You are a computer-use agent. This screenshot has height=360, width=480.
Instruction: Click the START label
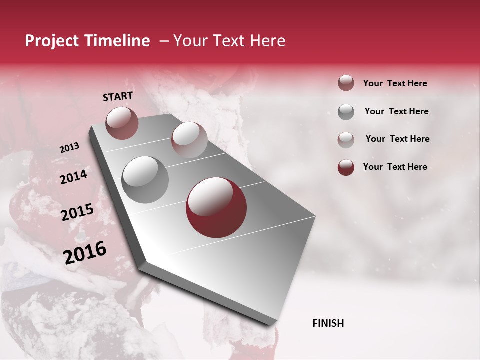[118, 96]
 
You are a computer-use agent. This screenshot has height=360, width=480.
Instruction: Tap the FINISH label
[328, 323]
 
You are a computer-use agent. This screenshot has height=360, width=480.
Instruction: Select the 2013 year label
[69, 148]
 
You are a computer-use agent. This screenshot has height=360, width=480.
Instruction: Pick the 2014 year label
[73, 177]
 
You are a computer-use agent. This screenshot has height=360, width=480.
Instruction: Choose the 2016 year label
[84, 253]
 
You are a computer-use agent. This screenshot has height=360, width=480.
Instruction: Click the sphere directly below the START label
[122, 123]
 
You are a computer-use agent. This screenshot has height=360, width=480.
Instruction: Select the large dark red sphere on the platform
[216, 207]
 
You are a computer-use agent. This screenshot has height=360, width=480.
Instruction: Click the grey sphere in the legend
[346, 112]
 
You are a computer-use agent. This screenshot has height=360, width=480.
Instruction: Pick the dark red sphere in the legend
[346, 167]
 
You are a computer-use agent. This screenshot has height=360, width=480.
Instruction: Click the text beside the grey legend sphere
[396, 111]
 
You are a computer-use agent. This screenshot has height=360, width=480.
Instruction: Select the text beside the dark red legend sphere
[395, 167]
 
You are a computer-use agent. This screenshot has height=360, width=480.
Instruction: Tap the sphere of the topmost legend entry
[346, 83]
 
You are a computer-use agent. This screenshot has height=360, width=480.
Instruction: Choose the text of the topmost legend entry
[395, 83]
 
